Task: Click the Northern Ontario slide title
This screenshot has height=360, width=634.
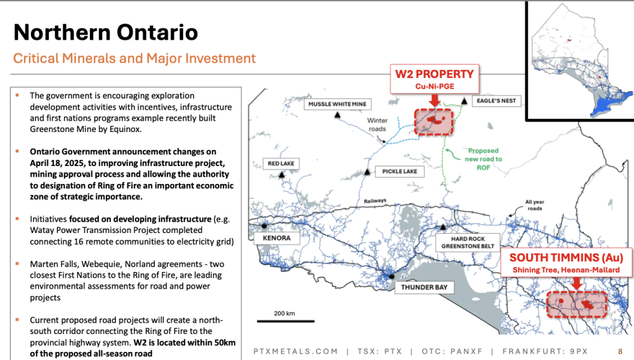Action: tap(105, 32)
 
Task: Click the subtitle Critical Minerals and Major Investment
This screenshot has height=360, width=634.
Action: tap(134, 58)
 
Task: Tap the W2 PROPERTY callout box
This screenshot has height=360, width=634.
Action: tap(435, 79)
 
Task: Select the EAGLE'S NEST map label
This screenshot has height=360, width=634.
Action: tap(496, 101)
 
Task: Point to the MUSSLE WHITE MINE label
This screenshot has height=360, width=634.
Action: tap(337, 104)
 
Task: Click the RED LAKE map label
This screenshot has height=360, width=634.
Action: tap(281, 164)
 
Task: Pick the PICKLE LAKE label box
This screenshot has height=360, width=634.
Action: tap(399, 171)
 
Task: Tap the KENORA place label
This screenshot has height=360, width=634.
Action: tap(277, 238)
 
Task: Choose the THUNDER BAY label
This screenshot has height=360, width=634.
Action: tap(424, 287)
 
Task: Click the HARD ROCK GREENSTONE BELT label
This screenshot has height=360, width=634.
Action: tap(468, 242)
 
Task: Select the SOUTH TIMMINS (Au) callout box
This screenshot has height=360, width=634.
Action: tap(566, 263)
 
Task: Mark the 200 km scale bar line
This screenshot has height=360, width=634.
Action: tap(285, 321)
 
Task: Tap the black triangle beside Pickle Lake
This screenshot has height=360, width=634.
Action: tap(367, 172)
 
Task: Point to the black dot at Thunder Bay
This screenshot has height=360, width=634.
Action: tap(391, 277)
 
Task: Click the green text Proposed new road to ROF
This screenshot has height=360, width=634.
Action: tap(483, 159)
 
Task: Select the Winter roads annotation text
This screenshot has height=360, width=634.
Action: tap(377, 125)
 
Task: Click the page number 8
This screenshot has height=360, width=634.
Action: tap(620, 351)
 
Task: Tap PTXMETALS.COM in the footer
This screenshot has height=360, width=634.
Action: tap(295, 351)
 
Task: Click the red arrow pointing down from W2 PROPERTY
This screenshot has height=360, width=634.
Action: tap(435, 100)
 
